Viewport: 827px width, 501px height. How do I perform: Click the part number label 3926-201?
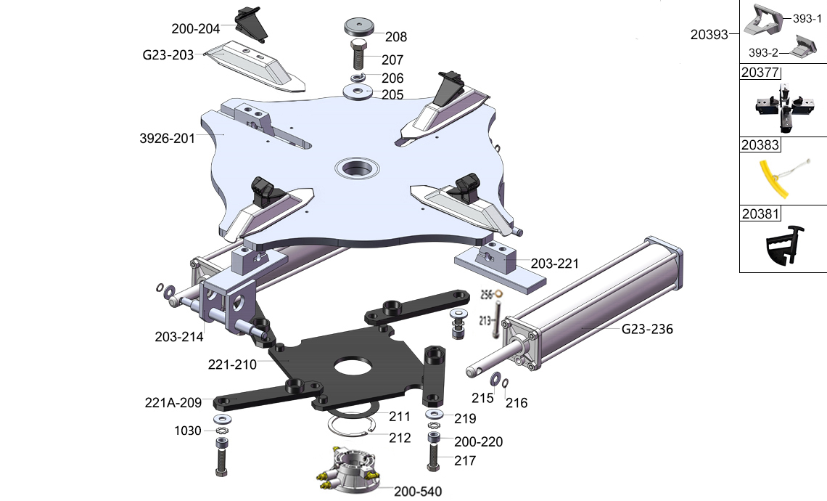pos(167,138)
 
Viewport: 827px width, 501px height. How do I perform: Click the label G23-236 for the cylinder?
pos(647,329)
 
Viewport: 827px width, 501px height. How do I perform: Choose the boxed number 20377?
pos(760,73)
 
